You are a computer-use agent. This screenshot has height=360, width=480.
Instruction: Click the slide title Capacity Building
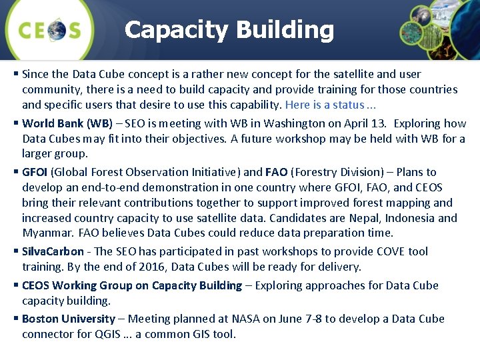click(229, 29)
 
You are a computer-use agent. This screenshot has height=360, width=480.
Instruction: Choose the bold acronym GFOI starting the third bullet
click(35, 172)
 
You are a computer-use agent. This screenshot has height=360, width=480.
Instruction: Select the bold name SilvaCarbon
click(53, 251)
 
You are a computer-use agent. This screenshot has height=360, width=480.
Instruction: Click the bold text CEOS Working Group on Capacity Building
click(132, 285)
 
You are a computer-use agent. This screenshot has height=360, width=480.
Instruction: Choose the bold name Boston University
click(69, 319)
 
